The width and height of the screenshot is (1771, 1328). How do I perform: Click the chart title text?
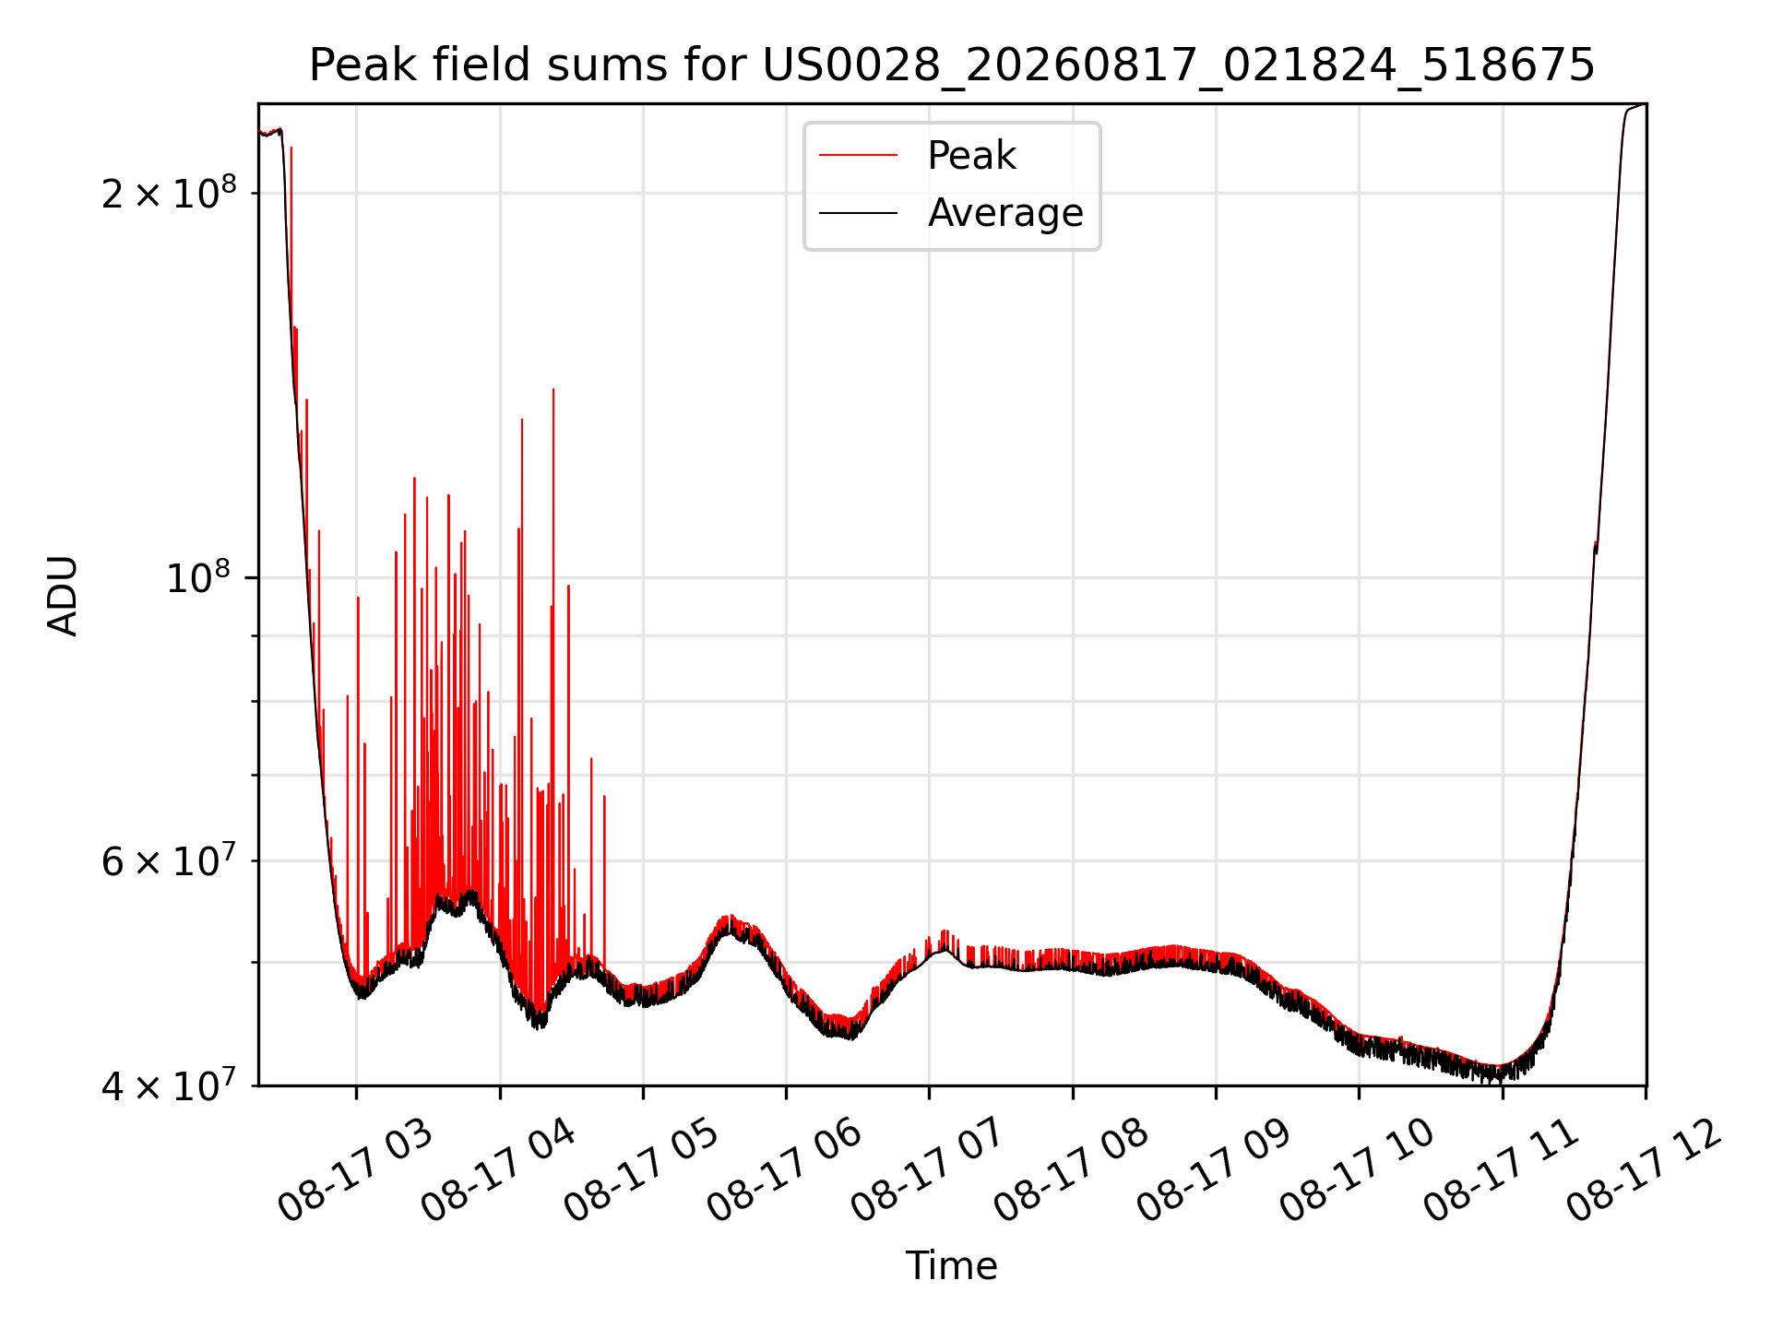pyautogui.click(x=952, y=65)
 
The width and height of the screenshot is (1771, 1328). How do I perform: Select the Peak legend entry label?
pyautogui.click(x=971, y=155)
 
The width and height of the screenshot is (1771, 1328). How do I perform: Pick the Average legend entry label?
pyautogui.click(x=1005, y=212)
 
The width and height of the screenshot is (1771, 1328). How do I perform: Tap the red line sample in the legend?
pyautogui.click(x=858, y=155)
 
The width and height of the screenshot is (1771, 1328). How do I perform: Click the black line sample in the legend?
pyautogui.click(x=858, y=213)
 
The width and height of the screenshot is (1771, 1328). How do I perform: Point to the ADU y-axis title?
pyautogui.click(x=63, y=595)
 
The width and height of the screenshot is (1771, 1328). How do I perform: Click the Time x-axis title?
pyautogui.click(x=952, y=1265)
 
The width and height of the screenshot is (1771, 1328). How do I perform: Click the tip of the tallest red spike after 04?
pyautogui.click(x=553, y=389)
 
